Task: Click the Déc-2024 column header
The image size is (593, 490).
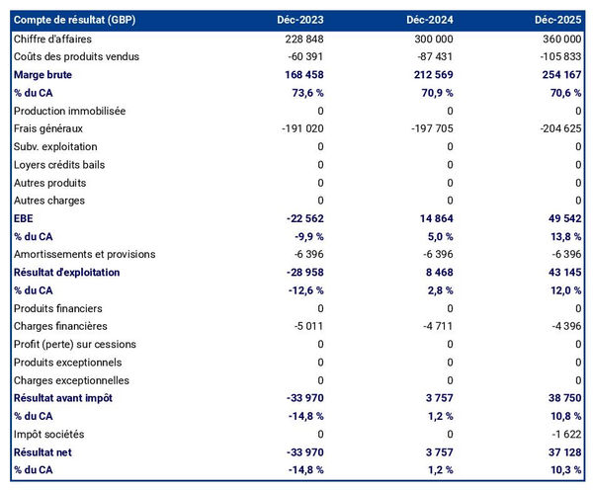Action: (429, 20)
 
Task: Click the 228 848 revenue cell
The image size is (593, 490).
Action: (300, 38)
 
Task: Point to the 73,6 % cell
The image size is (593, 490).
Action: (304, 92)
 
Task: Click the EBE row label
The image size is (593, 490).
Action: (24, 218)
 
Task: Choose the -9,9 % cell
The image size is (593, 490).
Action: (305, 236)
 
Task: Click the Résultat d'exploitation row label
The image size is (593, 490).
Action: (66, 272)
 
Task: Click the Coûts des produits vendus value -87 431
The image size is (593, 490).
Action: (432, 56)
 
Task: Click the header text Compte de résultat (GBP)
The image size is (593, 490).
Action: (74, 20)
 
